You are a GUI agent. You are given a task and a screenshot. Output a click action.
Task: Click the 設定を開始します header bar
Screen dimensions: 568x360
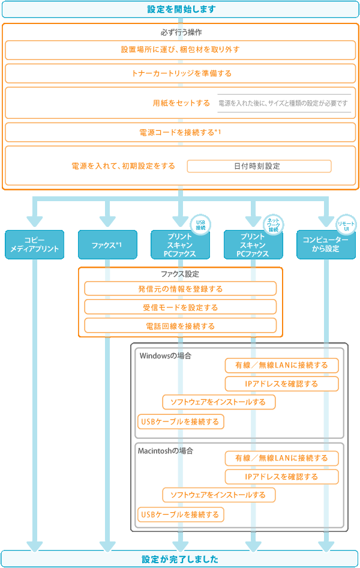click(x=181, y=9)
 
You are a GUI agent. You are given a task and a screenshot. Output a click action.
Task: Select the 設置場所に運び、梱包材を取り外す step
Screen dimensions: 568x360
click(x=181, y=50)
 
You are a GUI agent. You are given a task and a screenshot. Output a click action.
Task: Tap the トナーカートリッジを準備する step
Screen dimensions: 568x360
click(x=181, y=73)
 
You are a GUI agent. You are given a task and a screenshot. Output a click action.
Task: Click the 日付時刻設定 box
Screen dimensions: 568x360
click(x=259, y=166)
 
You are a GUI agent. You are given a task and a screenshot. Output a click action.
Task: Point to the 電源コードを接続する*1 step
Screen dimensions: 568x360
click(x=181, y=131)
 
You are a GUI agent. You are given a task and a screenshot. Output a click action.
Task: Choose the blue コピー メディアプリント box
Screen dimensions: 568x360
click(x=34, y=244)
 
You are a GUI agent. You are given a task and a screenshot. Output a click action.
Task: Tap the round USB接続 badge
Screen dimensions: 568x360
click(x=200, y=225)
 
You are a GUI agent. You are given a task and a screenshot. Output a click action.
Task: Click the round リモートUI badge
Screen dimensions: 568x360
click(x=346, y=225)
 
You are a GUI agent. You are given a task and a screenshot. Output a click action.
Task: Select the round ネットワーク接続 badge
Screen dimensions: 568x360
click(x=274, y=225)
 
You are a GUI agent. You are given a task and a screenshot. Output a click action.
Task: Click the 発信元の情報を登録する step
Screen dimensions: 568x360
click(x=180, y=289)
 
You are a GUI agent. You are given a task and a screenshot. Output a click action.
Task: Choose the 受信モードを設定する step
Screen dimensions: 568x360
click(x=180, y=307)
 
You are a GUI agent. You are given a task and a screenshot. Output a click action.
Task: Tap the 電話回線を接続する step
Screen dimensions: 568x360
click(x=180, y=326)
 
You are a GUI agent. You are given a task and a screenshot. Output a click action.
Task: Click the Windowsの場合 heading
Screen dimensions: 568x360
click(x=165, y=355)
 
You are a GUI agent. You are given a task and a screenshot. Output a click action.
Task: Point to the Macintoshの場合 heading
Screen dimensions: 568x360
click(x=169, y=450)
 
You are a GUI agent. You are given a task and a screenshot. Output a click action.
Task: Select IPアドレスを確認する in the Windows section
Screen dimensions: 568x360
click(x=281, y=384)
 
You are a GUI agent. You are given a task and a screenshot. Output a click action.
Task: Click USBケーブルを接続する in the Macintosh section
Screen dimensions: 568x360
click(x=181, y=515)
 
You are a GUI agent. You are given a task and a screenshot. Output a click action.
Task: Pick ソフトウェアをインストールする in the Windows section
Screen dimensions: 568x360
click(x=218, y=402)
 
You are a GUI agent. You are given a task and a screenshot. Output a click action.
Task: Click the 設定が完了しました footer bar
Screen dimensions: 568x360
click(x=181, y=559)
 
